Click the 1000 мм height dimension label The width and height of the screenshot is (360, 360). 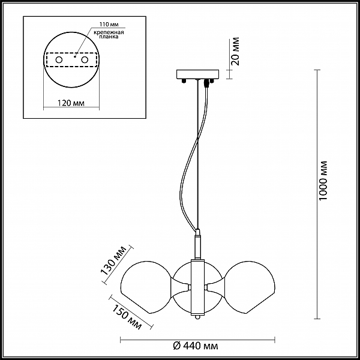point(323,181)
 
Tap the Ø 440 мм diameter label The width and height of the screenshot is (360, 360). point(196,346)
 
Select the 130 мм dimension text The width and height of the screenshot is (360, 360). point(113,260)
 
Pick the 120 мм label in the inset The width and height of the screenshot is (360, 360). point(71,103)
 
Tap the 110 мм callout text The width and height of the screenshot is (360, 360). point(109,25)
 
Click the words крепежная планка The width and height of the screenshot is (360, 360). point(109,34)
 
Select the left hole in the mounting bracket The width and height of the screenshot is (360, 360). point(59,60)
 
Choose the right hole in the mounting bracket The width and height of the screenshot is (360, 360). point(85,60)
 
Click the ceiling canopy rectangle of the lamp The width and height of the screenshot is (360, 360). point(197,74)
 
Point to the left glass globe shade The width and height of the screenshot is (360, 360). point(145,287)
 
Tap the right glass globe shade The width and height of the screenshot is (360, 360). point(250,287)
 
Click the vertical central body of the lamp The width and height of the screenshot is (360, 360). point(197,287)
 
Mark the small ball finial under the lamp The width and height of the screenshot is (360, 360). point(197,317)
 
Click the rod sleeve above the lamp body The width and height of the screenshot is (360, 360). point(197,245)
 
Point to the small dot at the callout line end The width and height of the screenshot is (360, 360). point(75,56)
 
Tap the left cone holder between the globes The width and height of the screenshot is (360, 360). point(181,287)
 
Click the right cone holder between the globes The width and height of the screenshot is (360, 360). point(215,287)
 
